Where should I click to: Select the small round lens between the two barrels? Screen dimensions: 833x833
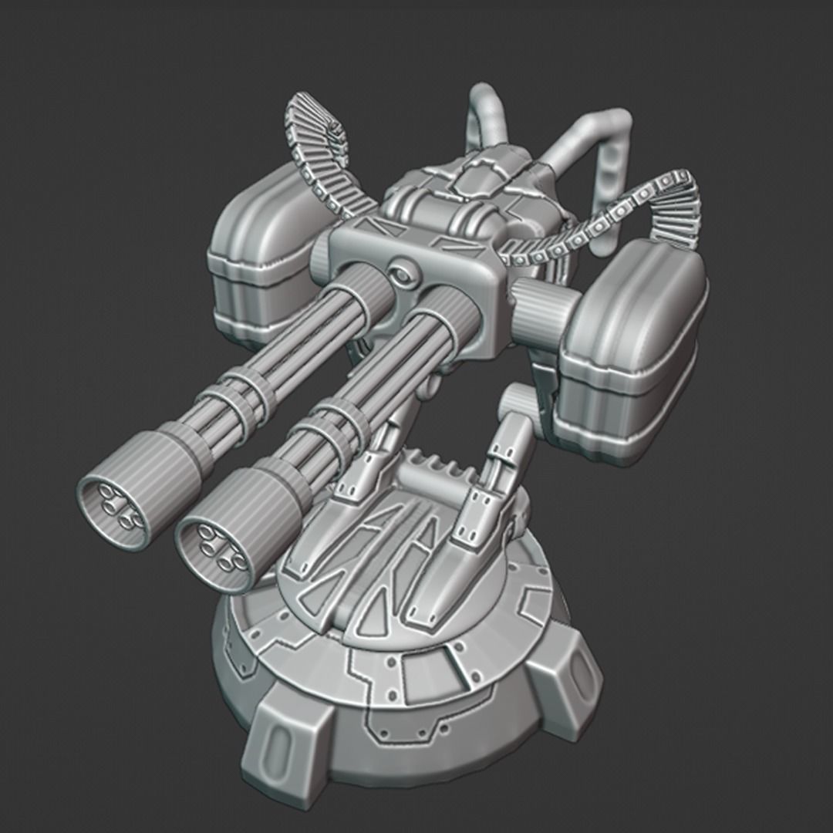400,272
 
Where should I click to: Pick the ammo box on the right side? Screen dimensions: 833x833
632,355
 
